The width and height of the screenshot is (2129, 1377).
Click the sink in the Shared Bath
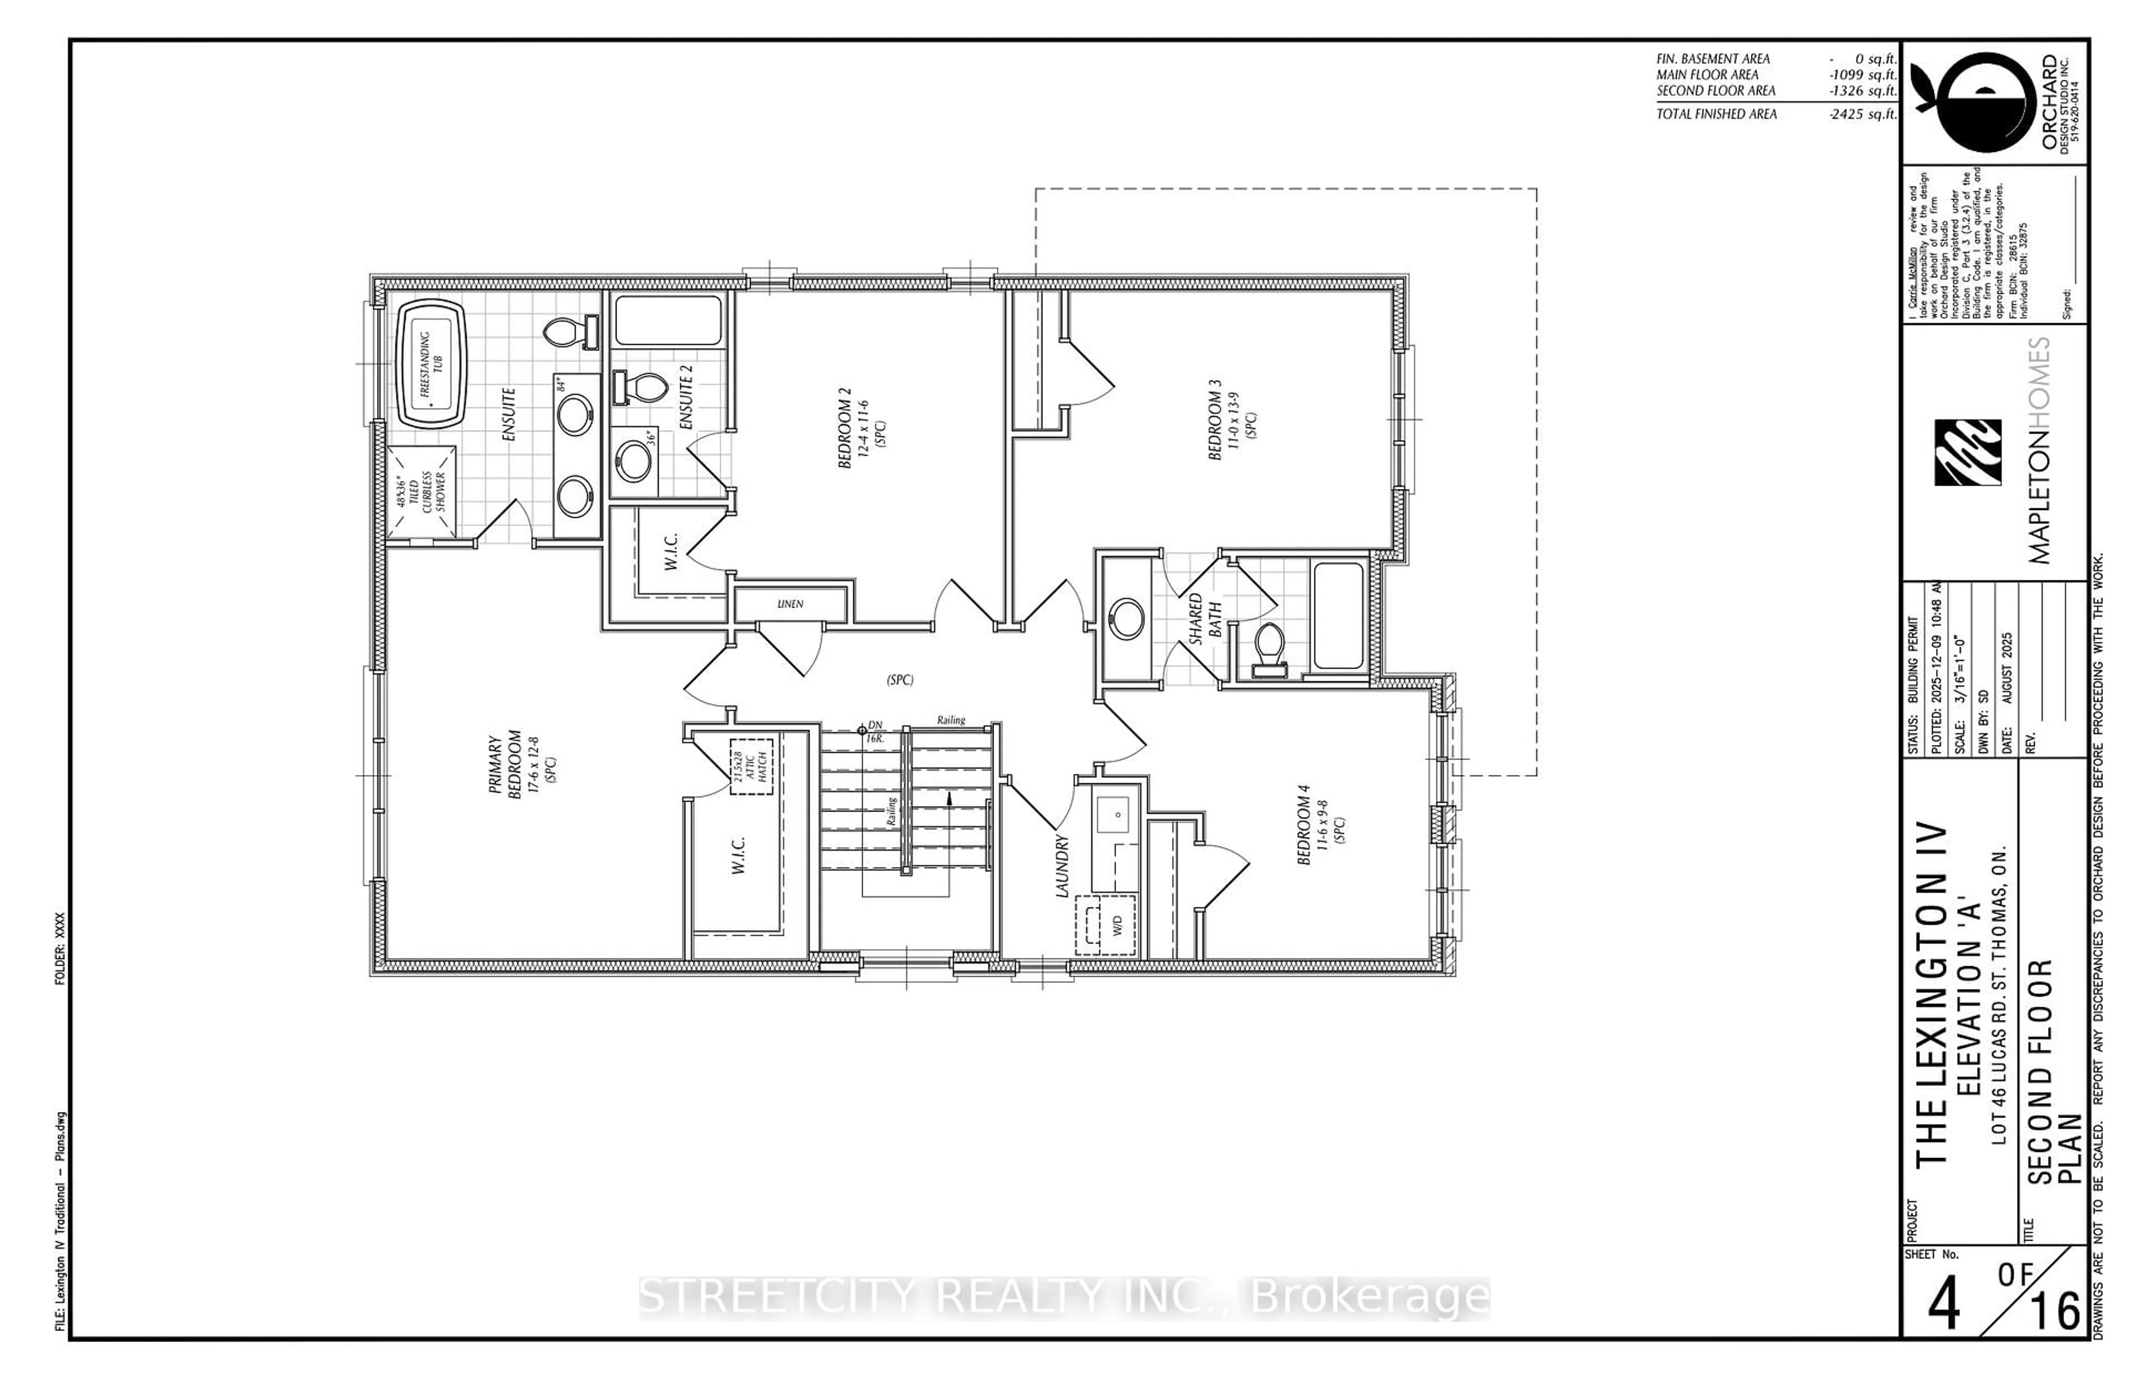pyautogui.click(x=1125, y=619)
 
